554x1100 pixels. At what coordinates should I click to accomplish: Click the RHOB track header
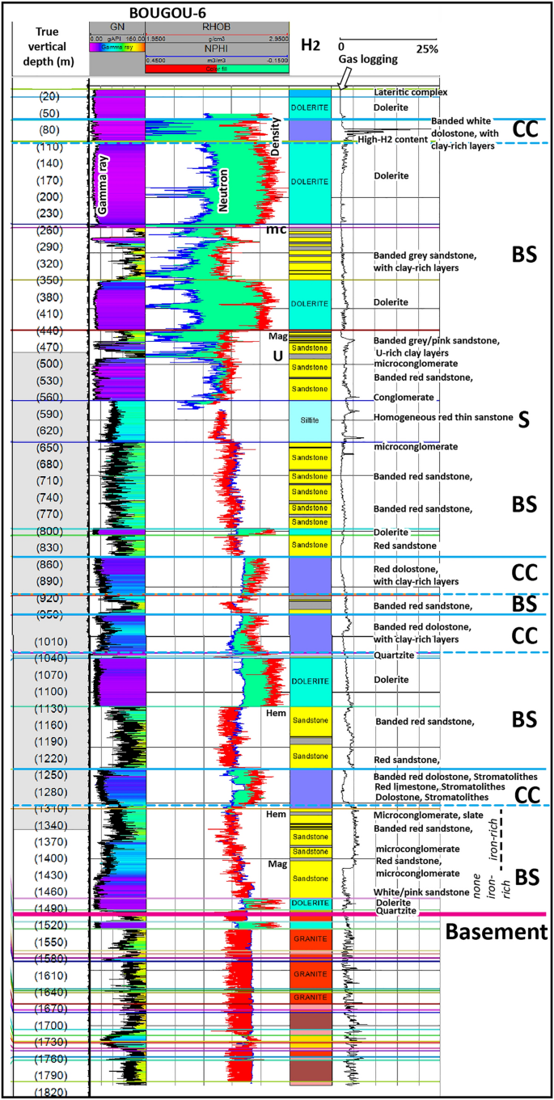click(216, 26)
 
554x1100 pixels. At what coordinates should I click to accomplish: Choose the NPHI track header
click(216, 48)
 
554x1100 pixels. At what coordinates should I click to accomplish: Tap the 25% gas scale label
click(427, 49)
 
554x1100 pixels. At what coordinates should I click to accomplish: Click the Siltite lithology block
click(310, 421)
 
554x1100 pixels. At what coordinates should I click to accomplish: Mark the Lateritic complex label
click(410, 92)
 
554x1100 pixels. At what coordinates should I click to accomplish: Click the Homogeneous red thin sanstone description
click(443, 417)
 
